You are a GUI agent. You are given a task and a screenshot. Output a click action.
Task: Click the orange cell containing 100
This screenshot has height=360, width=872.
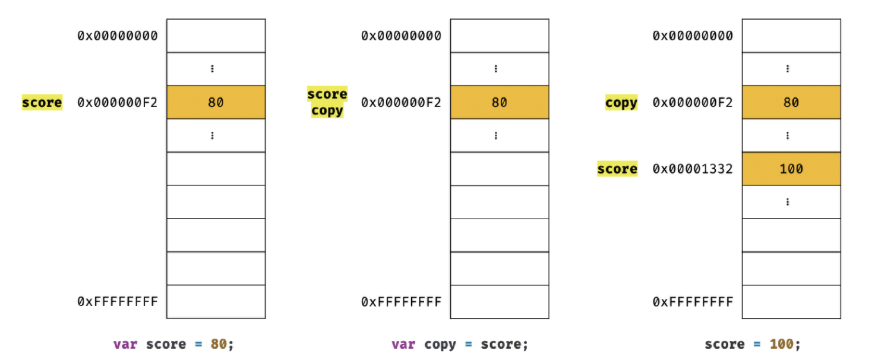pyautogui.click(x=791, y=169)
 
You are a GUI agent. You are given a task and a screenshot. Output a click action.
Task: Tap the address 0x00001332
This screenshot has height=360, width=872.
pyautogui.click(x=693, y=169)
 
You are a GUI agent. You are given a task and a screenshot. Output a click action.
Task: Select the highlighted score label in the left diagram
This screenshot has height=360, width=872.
pyautogui.click(x=42, y=103)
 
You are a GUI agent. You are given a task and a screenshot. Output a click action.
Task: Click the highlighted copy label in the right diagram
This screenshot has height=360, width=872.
pyautogui.click(x=621, y=103)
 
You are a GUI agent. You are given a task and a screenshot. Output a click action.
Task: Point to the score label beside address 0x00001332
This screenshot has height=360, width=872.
pyautogui.click(x=617, y=169)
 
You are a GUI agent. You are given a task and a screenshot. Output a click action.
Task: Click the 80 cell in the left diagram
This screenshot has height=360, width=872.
pyautogui.click(x=216, y=102)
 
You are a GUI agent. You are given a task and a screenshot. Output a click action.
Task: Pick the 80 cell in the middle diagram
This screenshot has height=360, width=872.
pyautogui.click(x=499, y=102)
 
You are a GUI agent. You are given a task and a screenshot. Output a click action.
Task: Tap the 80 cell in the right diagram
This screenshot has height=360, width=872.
pyautogui.click(x=791, y=102)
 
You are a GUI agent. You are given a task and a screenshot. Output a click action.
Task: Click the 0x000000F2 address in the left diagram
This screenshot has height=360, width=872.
pyautogui.click(x=118, y=102)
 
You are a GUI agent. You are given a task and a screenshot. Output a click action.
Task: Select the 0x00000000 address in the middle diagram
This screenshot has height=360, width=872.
pyautogui.click(x=402, y=36)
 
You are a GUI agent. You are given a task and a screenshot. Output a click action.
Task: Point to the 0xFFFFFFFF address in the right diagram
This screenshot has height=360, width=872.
pyautogui.click(x=693, y=302)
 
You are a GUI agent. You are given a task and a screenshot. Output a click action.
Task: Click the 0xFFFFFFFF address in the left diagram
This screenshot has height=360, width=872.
pyautogui.click(x=118, y=302)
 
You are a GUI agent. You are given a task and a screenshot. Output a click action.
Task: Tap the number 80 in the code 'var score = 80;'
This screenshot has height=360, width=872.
pyautogui.click(x=217, y=345)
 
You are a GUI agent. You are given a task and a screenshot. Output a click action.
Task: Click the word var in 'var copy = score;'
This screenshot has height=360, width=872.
pyautogui.click(x=403, y=345)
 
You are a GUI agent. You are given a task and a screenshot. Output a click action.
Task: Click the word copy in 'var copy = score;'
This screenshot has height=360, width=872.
pyautogui.click(x=440, y=345)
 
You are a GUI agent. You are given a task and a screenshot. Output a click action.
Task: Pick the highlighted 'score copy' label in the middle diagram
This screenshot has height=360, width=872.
pyautogui.click(x=327, y=102)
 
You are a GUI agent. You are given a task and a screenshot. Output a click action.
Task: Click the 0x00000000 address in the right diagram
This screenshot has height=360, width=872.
pyautogui.click(x=693, y=36)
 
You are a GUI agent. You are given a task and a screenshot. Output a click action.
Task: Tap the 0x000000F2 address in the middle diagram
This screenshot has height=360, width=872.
pyautogui.click(x=402, y=102)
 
